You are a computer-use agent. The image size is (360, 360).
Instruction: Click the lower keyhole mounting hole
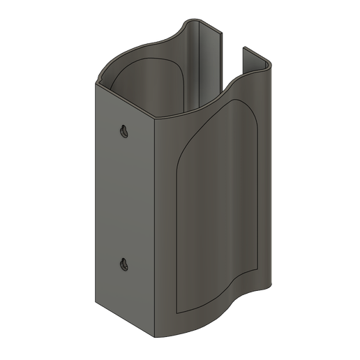123,264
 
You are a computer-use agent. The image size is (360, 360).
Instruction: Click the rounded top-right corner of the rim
267,66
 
